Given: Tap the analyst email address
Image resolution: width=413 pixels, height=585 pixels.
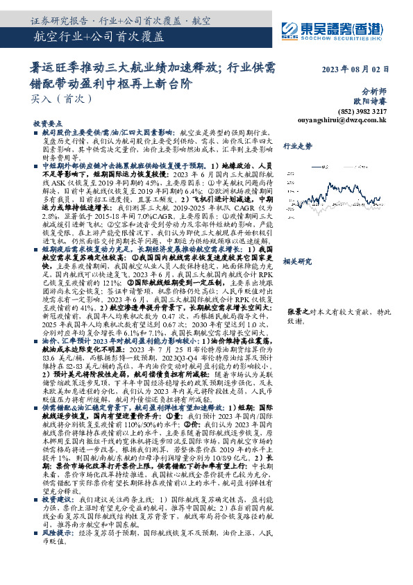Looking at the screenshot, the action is click(356, 120).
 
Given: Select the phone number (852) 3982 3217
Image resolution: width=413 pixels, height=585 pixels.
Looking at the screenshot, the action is click(364, 110).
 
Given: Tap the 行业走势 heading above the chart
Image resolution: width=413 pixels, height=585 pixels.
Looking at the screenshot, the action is click(297, 146).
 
